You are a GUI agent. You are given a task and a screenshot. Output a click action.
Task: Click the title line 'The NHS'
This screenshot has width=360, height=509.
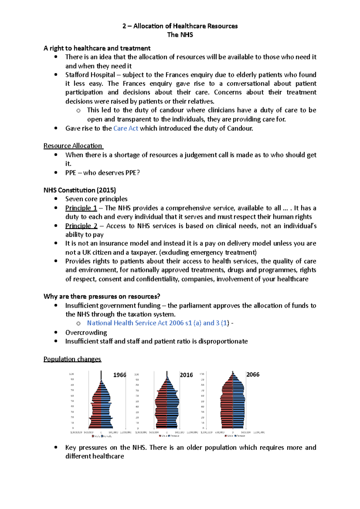click(x=180, y=35)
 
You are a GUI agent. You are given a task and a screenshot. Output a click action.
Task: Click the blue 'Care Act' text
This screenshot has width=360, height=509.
click(x=126, y=128)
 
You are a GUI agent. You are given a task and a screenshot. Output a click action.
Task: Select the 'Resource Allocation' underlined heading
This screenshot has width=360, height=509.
click(x=73, y=146)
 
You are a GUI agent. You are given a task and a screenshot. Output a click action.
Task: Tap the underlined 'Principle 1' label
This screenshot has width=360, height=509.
click(x=81, y=208)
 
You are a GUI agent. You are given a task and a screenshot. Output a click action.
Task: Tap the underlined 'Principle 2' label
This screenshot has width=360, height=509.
click(x=81, y=226)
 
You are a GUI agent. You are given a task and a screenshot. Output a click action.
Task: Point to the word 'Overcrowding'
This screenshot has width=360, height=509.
click(x=86, y=332)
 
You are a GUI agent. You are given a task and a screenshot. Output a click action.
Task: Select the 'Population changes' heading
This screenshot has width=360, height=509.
click(x=72, y=359)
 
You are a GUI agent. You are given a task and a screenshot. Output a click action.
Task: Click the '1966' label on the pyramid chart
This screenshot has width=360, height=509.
click(x=119, y=375)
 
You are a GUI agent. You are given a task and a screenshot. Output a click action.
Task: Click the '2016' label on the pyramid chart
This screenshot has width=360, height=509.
click(x=186, y=375)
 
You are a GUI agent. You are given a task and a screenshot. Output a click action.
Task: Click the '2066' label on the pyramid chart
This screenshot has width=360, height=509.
click(x=253, y=374)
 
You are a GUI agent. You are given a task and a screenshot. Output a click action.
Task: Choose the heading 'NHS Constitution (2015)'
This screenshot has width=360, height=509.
click(x=80, y=190)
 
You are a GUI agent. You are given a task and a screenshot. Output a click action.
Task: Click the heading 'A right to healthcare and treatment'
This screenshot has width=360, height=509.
click(x=97, y=48)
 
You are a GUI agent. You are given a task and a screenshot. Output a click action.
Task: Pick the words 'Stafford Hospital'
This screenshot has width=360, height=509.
click(x=90, y=75)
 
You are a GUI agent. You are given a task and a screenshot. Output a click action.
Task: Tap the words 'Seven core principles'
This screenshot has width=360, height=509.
click(x=96, y=199)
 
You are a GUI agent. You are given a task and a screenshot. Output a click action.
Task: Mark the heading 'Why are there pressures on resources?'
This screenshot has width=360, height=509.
click(x=102, y=296)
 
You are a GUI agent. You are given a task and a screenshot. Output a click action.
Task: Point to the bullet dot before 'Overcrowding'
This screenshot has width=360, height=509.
click(x=56, y=332)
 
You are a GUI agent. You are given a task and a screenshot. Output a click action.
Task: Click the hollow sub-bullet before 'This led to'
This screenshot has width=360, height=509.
click(x=78, y=111)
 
